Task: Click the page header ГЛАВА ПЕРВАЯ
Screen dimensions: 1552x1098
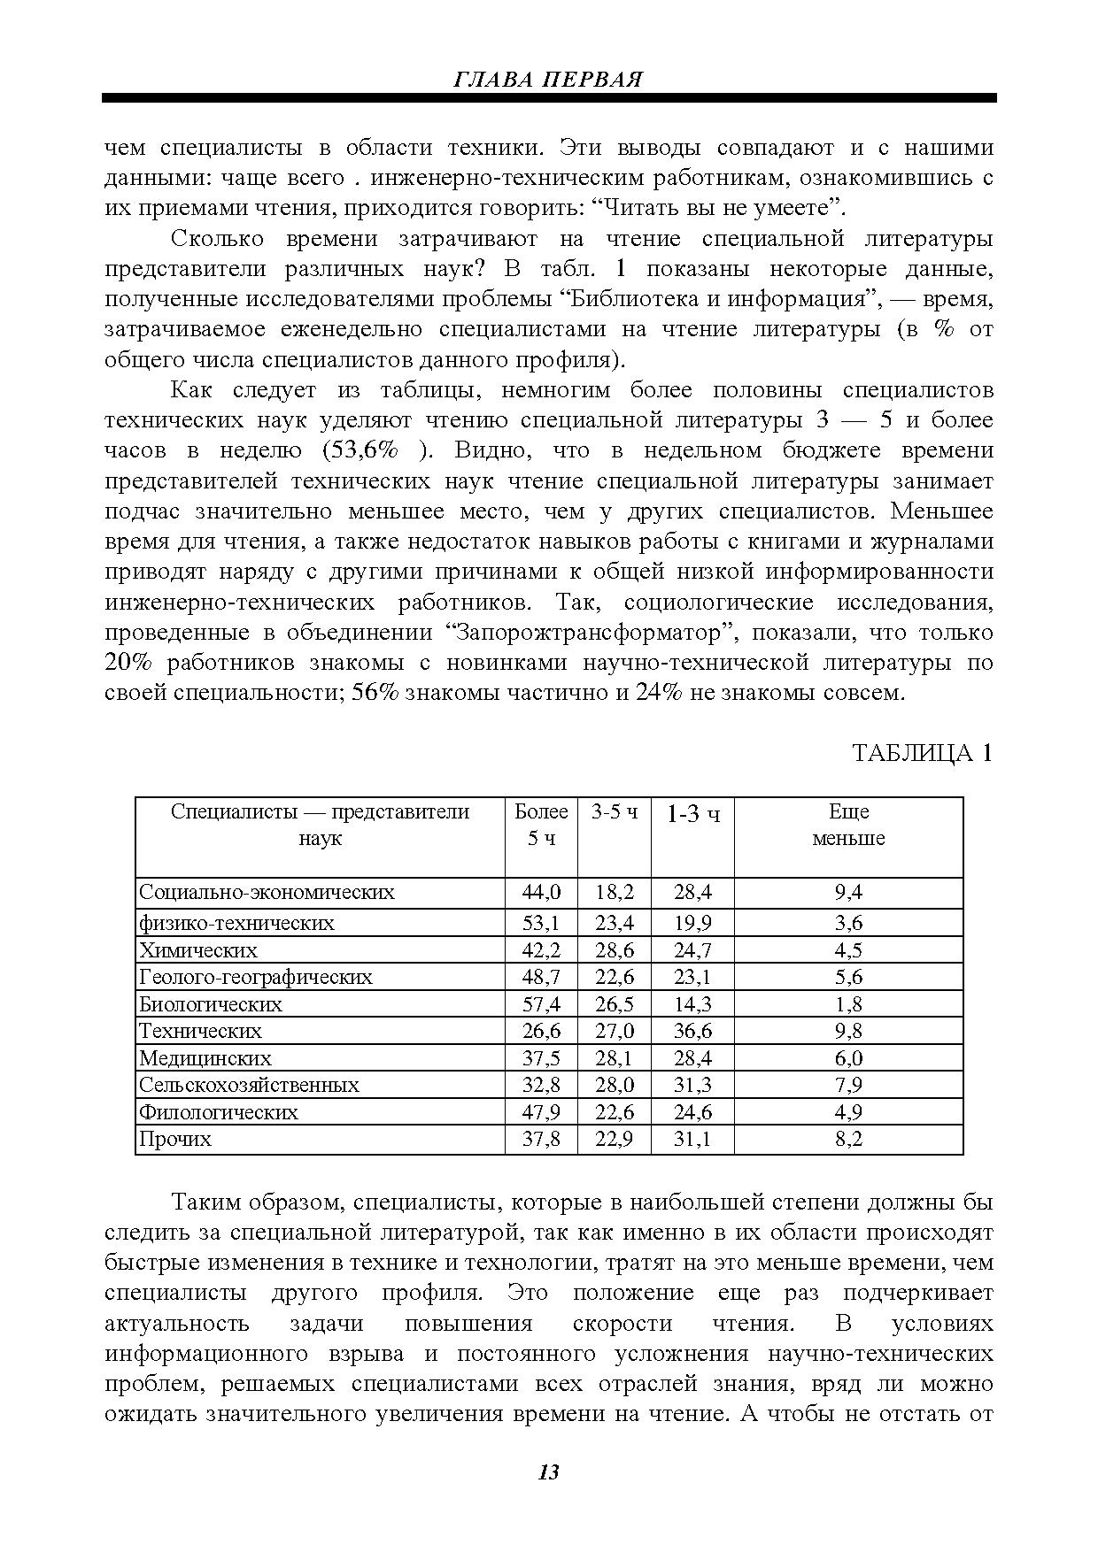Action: [x=548, y=79]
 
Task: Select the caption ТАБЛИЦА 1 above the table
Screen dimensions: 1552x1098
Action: [x=922, y=753]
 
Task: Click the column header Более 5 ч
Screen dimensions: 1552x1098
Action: [x=541, y=825]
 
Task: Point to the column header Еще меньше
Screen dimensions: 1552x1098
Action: [x=848, y=825]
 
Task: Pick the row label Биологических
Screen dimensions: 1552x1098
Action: [x=211, y=1004]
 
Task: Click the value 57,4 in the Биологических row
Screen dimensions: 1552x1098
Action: [x=541, y=1004]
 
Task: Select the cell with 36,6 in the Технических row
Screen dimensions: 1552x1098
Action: [x=692, y=1031]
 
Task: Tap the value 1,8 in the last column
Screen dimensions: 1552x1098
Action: [x=848, y=1004]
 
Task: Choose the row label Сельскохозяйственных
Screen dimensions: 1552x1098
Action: [x=250, y=1085]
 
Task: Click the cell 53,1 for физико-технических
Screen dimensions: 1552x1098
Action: [x=541, y=924]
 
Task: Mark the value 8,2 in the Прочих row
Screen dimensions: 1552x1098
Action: [x=848, y=1139]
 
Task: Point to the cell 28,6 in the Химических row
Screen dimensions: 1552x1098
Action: [x=615, y=950]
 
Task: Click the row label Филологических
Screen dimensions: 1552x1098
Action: [x=219, y=1112]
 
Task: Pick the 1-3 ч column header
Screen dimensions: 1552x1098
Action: [x=692, y=813]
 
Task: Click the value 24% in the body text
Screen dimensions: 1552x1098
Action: [x=659, y=693]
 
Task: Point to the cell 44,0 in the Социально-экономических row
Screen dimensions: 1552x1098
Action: [x=541, y=892]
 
